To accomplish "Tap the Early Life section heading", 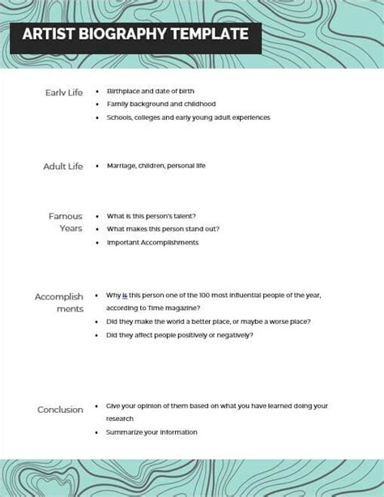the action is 64,92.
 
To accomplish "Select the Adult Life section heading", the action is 63,166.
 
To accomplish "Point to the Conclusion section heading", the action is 60,410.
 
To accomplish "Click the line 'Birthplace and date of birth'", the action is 150,91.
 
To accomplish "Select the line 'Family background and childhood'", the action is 160,104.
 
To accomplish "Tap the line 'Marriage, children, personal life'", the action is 156,166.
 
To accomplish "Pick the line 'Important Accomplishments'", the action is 152,242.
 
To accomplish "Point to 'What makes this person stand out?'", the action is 162,229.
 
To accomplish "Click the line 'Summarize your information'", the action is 151,432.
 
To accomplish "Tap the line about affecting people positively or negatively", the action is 179,335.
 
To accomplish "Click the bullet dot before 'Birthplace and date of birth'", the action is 97,91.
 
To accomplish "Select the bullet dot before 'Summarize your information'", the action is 97,432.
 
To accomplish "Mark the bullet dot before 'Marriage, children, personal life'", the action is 97,166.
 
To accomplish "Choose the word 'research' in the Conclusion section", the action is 120,419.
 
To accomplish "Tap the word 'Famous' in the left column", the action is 66,216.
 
